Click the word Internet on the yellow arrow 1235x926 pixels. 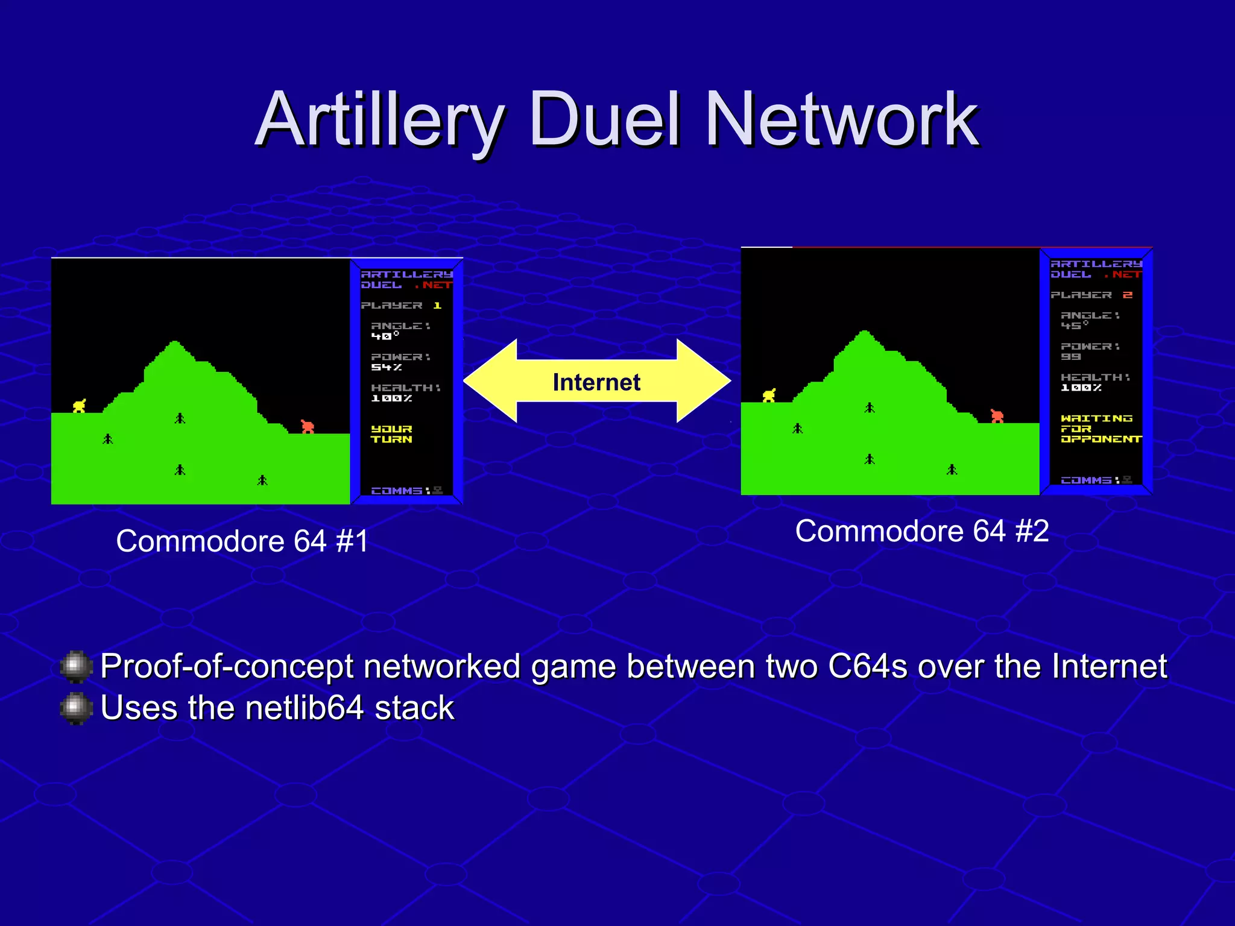coord(596,382)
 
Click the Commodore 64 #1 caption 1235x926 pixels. coord(242,541)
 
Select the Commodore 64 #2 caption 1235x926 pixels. coord(921,531)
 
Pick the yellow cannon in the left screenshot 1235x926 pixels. coord(80,406)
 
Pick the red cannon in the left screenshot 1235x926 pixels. coord(308,426)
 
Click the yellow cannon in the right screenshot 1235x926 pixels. coord(769,395)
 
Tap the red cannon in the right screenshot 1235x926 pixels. coord(997,415)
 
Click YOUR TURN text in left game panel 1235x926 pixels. coord(391,434)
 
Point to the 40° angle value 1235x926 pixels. coord(385,336)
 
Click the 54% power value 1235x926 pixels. coord(386,367)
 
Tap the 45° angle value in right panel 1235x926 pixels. coord(1074,326)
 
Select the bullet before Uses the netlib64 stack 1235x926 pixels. coord(76,708)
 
